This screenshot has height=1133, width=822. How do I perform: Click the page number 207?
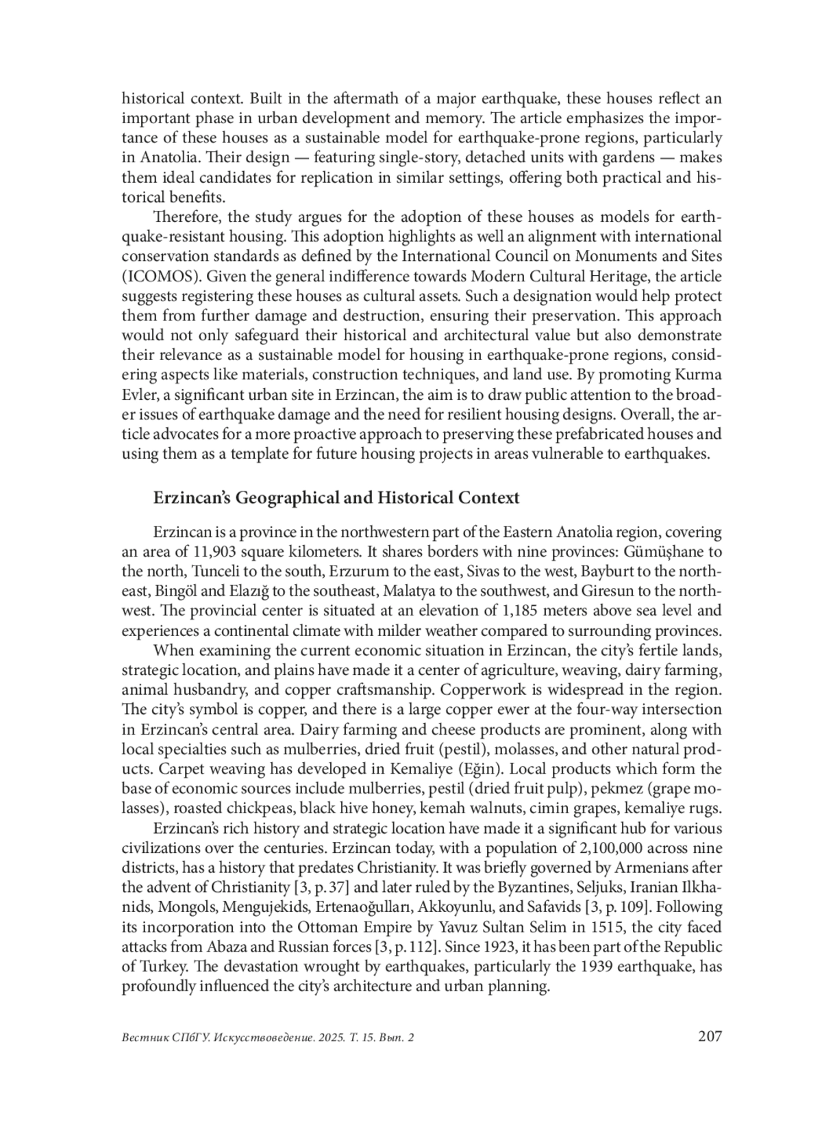tap(710, 1036)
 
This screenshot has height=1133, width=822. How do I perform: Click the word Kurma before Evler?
tap(698, 375)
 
